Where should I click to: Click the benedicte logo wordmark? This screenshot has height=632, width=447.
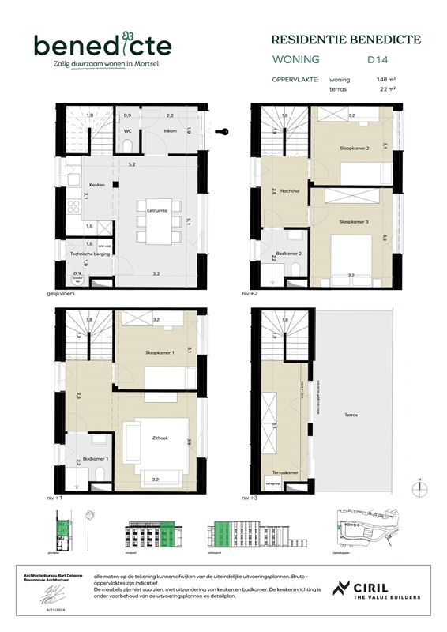coord(102,45)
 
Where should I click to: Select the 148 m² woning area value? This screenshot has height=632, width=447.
coord(386,80)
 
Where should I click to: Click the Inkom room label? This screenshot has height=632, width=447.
coord(170,130)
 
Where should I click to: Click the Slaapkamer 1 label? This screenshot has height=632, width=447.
coord(160,352)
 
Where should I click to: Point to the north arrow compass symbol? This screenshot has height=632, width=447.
coord(422,487)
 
